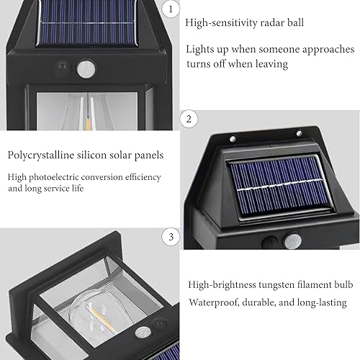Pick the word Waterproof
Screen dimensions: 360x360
[x=210, y=303]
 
